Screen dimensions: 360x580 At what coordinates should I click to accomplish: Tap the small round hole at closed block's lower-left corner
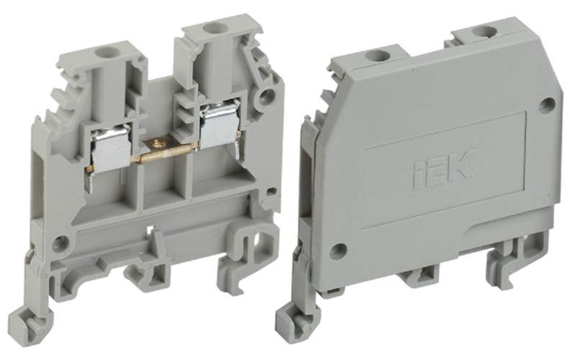tap(334, 250)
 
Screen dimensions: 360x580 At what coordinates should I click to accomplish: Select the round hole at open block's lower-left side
tap(63, 241)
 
